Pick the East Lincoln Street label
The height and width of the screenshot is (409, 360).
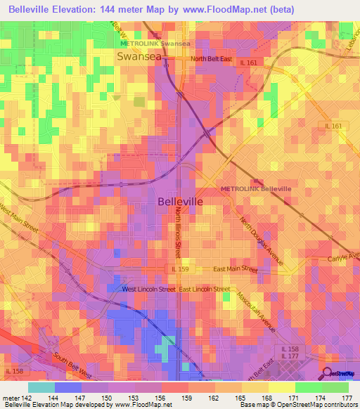pyautogui.click(x=205, y=289)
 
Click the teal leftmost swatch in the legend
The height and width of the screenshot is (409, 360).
pyautogui.click(x=41, y=387)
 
